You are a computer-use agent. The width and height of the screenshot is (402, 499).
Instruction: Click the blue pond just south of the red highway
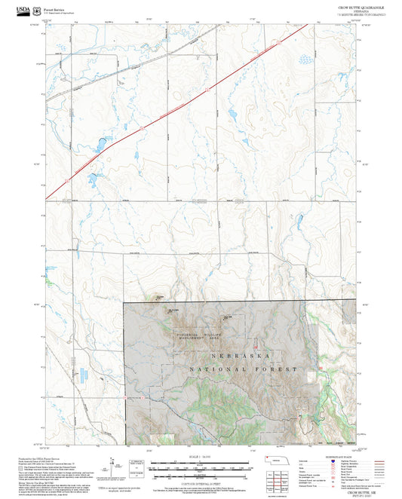click(91, 179)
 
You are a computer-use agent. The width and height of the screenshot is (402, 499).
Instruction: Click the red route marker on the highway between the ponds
click(140, 129)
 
